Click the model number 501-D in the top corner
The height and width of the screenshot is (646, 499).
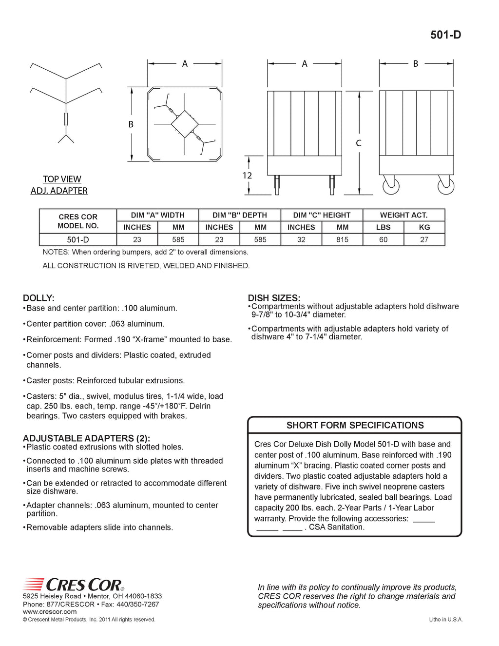445,35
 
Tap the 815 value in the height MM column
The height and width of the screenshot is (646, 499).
342,239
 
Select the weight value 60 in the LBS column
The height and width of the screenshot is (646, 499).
383,239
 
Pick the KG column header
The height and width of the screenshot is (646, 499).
424,227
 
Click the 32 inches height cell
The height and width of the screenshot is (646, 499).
301,239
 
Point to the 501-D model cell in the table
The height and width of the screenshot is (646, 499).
78,239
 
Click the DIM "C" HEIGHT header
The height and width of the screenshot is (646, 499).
322,215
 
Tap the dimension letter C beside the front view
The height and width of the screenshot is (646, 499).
359,143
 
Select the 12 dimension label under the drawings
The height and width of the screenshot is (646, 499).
247,176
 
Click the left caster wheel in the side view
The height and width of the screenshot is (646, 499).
391,186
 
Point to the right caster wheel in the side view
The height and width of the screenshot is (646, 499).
446,186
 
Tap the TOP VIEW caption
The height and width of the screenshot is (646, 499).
62,179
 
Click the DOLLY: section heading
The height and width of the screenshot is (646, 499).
38,298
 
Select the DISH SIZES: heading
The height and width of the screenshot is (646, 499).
274,298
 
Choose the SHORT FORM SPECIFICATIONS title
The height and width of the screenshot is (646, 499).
355,425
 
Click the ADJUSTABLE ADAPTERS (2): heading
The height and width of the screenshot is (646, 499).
86,438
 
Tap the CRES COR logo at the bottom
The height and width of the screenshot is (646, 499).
74,584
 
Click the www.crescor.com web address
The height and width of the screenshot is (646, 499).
50,611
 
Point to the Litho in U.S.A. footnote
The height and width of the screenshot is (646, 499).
445,620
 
